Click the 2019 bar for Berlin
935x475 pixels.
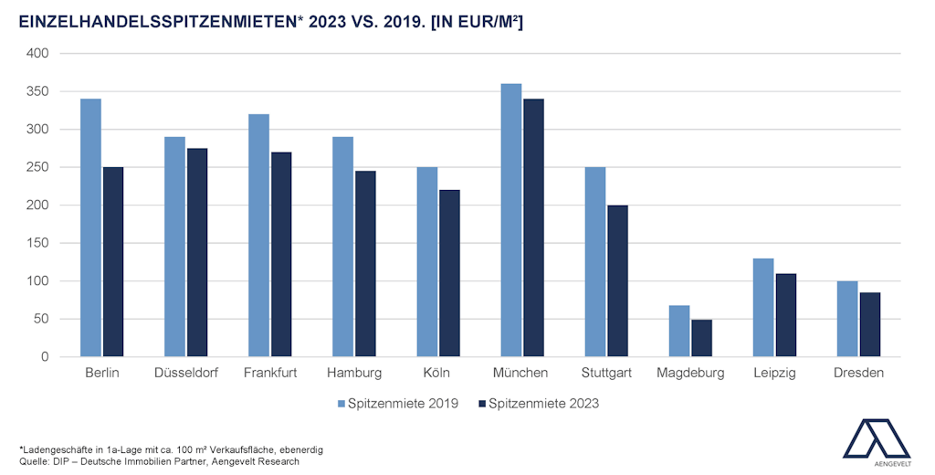point(90,227)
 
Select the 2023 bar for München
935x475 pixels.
point(533,227)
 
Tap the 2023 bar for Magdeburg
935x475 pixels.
point(701,338)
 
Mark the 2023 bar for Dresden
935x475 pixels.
point(869,324)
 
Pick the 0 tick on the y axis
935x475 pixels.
point(44,357)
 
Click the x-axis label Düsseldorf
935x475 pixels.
point(186,373)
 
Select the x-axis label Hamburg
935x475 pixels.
point(354,373)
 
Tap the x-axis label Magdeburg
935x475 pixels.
point(690,373)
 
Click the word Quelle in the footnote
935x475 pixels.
point(33,461)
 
